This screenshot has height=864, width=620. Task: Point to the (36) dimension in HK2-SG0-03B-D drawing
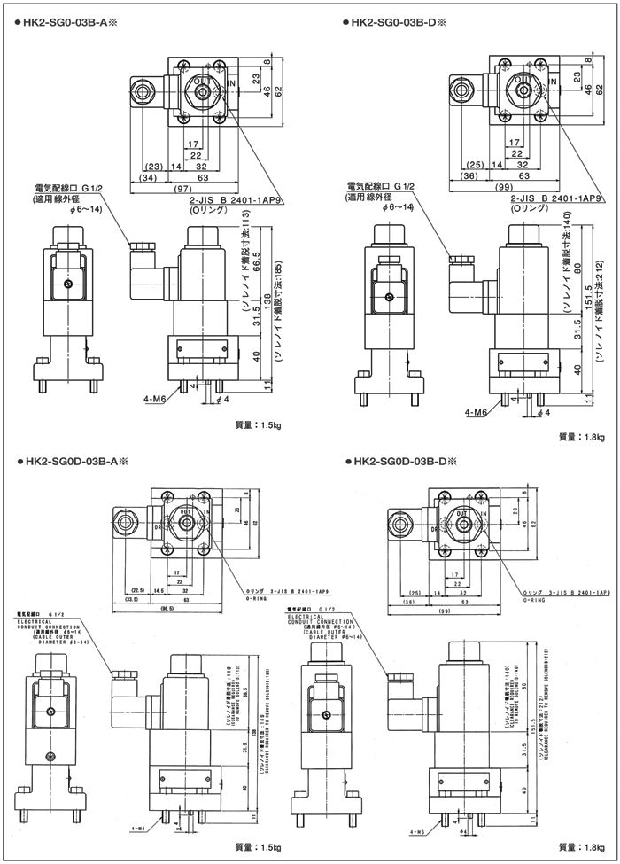[470, 177]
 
